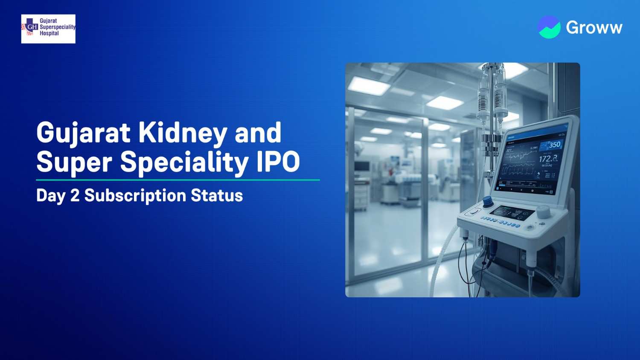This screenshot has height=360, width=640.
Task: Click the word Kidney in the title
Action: [x=183, y=134]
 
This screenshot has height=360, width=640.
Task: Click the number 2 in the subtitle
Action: [x=75, y=195]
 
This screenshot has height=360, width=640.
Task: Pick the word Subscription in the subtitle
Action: [x=135, y=196]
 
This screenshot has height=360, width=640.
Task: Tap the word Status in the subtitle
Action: [x=217, y=195]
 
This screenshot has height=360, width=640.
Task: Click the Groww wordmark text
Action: [x=594, y=28]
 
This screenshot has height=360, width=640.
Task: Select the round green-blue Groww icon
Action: [x=549, y=27]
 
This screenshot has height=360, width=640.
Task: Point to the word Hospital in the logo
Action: [x=49, y=33]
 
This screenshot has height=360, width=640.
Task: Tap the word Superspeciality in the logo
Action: [x=58, y=27]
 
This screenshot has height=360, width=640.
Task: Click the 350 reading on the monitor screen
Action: [x=554, y=145]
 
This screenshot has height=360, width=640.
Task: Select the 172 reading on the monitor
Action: [x=547, y=159]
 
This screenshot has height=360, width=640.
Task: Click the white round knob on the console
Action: [x=543, y=211]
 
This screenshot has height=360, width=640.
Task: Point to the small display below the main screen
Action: [x=512, y=213]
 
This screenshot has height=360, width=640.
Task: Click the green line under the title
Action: [x=178, y=180]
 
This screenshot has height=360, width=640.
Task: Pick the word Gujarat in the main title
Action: [x=83, y=134]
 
